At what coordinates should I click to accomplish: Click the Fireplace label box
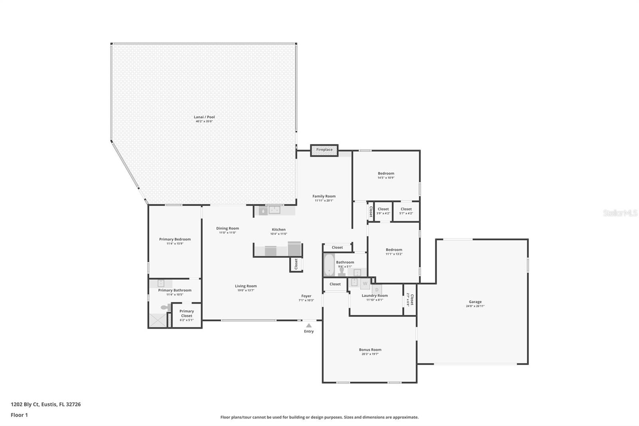click(324, 150)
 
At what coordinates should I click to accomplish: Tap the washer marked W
click(365, 284)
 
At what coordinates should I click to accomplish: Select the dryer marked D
click(377, 290)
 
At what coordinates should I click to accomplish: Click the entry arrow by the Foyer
click(309, 326)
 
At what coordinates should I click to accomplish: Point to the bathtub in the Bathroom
click(329, 265)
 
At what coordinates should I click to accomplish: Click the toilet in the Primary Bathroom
click(165, 307)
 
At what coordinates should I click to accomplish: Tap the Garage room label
click(475, 302)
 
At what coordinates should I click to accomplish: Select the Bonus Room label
click(370, 350)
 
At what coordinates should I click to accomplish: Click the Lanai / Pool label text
click(204, 117)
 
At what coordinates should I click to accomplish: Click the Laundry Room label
click(375, 296)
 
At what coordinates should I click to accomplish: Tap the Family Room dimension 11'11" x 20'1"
click(324, 201)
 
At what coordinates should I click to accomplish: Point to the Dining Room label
click(228, 229)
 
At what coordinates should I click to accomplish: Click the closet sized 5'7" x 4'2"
click(406, 211)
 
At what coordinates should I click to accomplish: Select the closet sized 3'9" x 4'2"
click(383, 211)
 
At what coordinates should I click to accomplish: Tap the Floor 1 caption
click(19, 415)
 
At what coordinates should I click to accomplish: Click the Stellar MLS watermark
click(620, 213)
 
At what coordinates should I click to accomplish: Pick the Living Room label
click(246, 286)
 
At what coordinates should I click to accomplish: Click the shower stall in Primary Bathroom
click(158, 320)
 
